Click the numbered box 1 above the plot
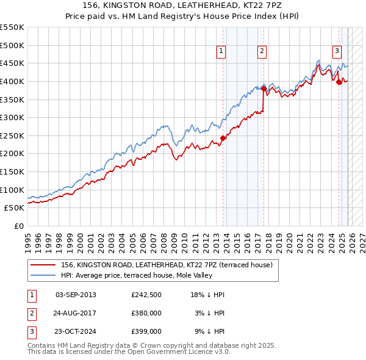coord(220,52)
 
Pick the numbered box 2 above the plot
coord(262,52)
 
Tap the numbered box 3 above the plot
coord(336,52)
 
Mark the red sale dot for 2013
coord(223,138)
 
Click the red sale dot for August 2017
coord(264,88)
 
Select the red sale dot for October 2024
coord(339,82)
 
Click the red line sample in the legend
coord(43,265)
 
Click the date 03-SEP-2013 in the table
coord(76,295)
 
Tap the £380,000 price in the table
coord(146,313)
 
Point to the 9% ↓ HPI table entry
coord(210,331)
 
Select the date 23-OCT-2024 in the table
coord(76,331)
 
